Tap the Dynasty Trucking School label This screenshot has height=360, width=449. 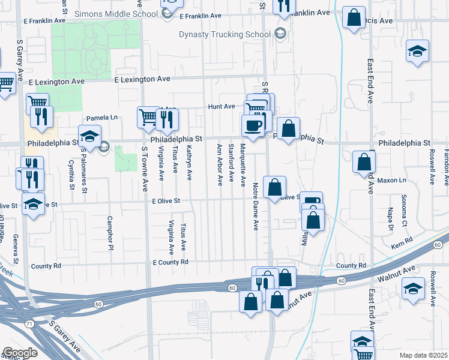coord(225,34)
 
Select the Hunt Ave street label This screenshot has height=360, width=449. coord(221,106)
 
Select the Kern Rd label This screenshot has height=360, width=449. coord(405,240)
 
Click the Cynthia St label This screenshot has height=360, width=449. coord(71,175)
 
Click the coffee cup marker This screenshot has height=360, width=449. coord(252,126)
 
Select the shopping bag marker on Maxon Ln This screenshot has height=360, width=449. coord(364,162)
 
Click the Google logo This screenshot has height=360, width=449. coord(20,353)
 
